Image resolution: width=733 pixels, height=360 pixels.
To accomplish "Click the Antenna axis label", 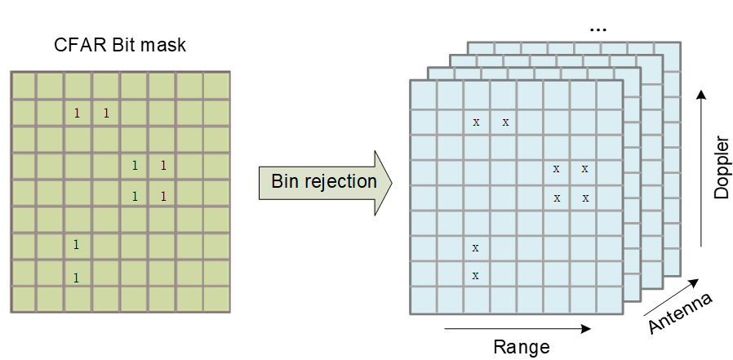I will (x=681, y=313).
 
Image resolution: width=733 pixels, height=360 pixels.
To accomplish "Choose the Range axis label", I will (x=522, y=346).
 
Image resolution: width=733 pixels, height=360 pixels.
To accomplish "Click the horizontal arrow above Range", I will (x=518, y=329).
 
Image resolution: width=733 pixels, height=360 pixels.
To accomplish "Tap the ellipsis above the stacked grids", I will (x=598, y=29).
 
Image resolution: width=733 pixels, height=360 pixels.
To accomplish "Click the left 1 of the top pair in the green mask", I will (x=78, y=113).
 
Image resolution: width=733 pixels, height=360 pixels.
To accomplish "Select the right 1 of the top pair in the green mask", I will (x=106, y=113).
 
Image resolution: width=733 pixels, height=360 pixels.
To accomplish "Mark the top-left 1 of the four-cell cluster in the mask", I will (x=135, y=167).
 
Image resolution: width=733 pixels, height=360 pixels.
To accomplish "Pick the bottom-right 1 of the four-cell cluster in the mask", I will (x=163, y=196).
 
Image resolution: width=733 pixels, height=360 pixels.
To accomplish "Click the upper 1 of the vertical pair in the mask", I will (x=76, y=244).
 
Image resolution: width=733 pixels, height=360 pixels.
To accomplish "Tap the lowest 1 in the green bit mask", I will (x=76, y=278).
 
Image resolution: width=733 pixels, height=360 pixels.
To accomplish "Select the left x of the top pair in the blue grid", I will (x=476, y=122).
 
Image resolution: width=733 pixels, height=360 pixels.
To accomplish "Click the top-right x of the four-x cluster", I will (x=584, y=169).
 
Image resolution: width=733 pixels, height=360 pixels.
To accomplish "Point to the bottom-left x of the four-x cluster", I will (x=557, y=198).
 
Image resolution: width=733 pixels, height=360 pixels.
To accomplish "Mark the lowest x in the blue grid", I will (x=475, y=276).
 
